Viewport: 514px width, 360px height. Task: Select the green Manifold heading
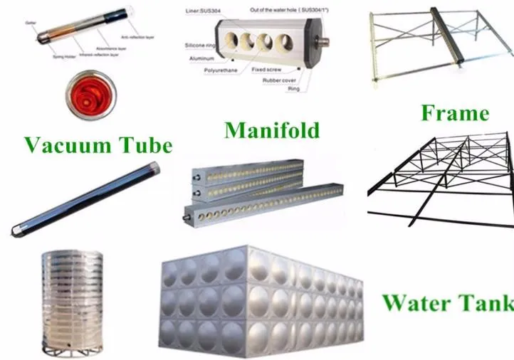tap(271, 130)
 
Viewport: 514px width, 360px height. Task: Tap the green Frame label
tap(454, 112)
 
